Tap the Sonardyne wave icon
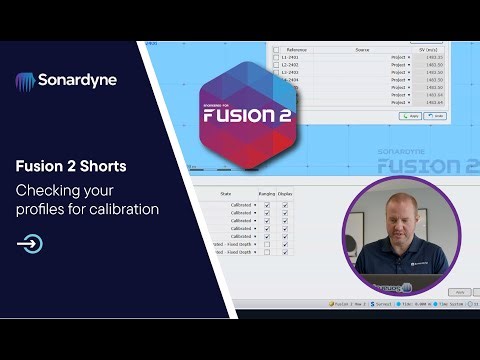[26, 80]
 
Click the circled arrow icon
[30, 242]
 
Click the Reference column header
[297, 49]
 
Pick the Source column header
[361, 49]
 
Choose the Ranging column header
[266, 193]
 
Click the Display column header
[286, 193]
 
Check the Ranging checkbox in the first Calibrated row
[266, 204]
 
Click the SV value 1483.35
[434, 58]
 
